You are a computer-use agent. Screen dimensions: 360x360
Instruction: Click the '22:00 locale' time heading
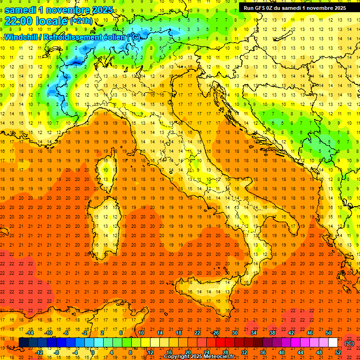pos(36,21)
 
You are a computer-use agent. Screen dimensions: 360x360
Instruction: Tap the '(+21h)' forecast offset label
pos(82,21)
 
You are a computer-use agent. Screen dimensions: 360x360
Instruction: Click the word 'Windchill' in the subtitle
pos(20,37)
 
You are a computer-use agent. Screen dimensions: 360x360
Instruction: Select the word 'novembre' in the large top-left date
pos(69,9)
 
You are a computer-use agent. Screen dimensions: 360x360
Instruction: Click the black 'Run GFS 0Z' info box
pos(295,7)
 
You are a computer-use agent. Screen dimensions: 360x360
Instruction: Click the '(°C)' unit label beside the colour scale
pos(349,343)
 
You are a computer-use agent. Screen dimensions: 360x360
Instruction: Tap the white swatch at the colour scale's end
pos(333,342)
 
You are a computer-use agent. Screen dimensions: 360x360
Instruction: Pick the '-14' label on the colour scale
pos(30,333)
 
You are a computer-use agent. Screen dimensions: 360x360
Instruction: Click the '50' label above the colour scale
pos(329,333)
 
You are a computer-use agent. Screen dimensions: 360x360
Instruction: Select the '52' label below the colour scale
pos(337,352)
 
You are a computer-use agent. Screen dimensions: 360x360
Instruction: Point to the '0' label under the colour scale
pos(93,352)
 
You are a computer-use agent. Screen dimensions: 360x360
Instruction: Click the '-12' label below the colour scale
pos(39,352)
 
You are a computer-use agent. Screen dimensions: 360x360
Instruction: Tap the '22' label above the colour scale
pos(197,333)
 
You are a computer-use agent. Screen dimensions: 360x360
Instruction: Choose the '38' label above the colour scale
pos(272,333)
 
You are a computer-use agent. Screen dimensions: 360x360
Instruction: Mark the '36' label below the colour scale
pos(262,352)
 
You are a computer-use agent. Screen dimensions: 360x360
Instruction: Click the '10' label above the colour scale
pos(141,333)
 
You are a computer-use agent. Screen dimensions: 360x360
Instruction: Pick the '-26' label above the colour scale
pos(215,333)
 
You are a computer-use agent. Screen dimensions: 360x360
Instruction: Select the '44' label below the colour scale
pos(300,352)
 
